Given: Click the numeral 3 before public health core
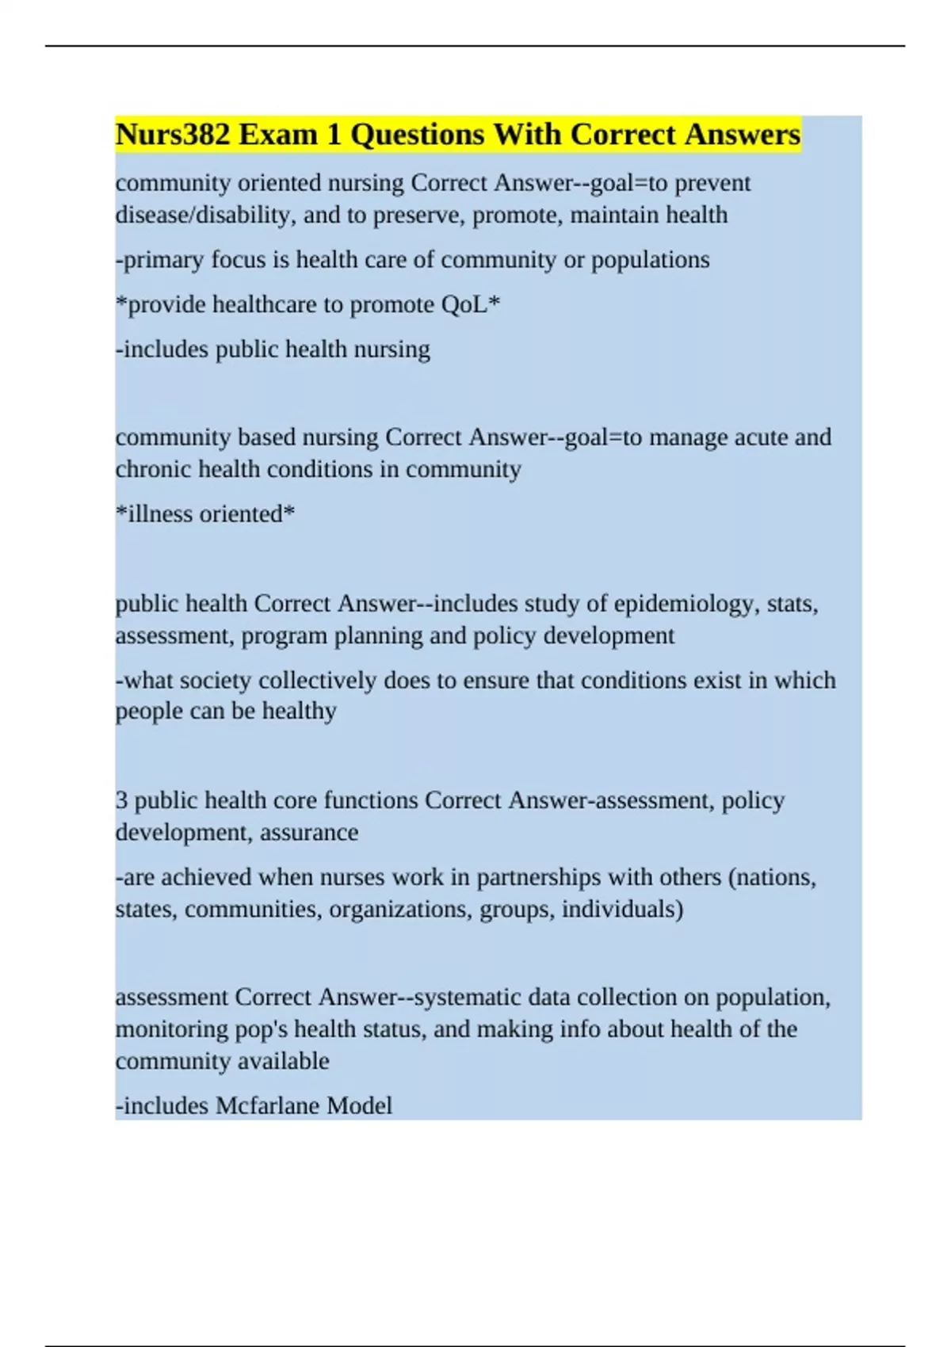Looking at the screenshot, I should [121, 800].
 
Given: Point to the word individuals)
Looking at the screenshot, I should [622, 910].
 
